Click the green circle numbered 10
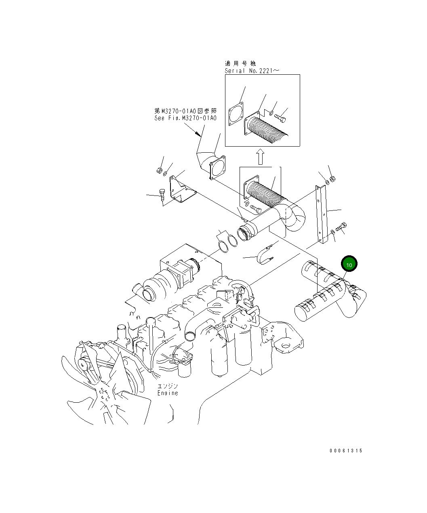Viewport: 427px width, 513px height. pos(349,264)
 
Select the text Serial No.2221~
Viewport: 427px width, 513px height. pos(252,71)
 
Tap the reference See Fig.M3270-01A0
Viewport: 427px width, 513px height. pos(185,118)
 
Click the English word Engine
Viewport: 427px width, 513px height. pos(168,393)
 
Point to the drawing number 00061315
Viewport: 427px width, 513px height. pos(346,451)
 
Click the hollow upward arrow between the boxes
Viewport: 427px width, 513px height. pos(261,156)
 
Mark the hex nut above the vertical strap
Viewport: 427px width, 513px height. pos(332,179)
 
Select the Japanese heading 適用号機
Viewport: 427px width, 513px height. pos(240,63)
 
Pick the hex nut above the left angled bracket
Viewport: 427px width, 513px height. pos(159,171)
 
